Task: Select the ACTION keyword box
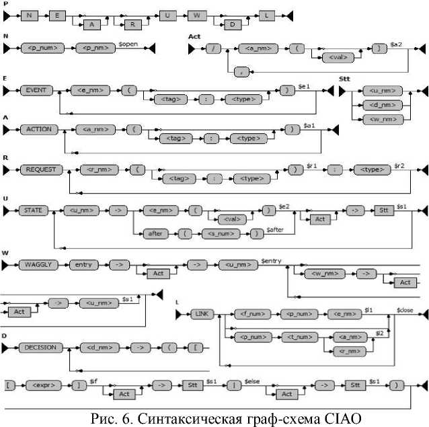pos(35,128)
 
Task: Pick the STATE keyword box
pos(33,210)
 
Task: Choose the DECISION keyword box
pos(41,348)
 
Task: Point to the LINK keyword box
pos(201,314)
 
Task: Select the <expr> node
pos(41,386)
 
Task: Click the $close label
pos(405,309)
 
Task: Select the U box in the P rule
pos(165,15)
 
